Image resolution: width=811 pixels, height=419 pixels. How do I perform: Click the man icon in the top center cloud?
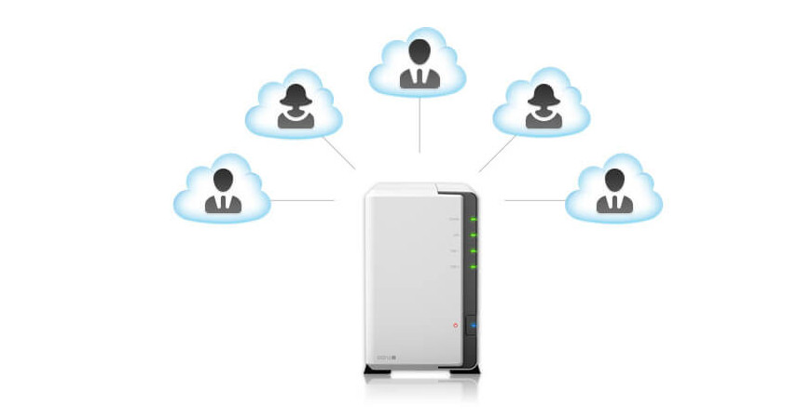[419, 63]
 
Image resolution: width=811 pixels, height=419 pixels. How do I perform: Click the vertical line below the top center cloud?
[419, 125]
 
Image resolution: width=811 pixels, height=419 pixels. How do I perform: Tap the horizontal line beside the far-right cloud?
[535, 200]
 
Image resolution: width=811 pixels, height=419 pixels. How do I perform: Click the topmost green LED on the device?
[474, 220]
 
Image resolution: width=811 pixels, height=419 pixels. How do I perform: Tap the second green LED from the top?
[474, 236]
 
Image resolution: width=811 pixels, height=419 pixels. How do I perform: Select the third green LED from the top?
[474, 251]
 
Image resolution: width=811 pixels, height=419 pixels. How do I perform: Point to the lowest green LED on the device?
[474, 267]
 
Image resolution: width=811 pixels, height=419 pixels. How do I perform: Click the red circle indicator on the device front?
[456, 325]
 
